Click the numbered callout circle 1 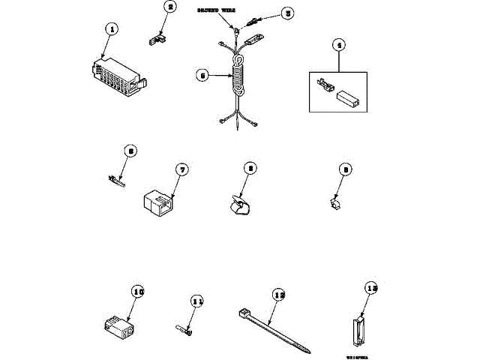(111, 29)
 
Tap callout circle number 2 (171, 8)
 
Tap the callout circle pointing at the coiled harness (202, 74)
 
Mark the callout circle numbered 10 (136, 292)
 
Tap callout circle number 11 (196, 301)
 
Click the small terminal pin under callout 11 (185, 328)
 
